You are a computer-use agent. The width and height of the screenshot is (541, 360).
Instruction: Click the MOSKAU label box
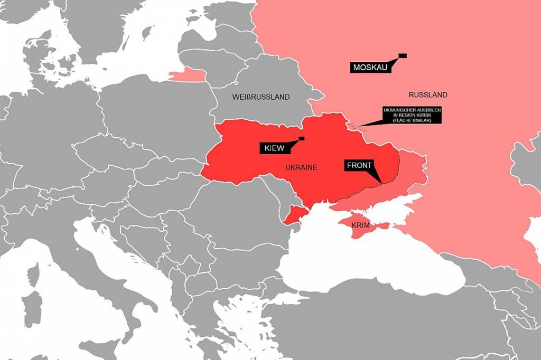[370, 68]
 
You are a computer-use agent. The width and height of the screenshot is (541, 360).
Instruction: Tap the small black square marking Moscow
[402, 55]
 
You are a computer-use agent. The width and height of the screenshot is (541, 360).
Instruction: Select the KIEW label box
[275, 148]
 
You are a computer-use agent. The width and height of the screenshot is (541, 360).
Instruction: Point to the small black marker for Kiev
[302, 138]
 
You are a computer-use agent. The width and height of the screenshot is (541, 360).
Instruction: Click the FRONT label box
[359, 165]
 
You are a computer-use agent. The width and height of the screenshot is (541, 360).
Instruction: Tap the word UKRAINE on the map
[301, 167]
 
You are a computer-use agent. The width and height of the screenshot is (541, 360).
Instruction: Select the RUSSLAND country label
[428, 95]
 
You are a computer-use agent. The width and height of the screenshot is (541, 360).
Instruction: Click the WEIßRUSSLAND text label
[261, 97]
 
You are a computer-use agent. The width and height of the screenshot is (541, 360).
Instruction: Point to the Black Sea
[365, 264]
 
